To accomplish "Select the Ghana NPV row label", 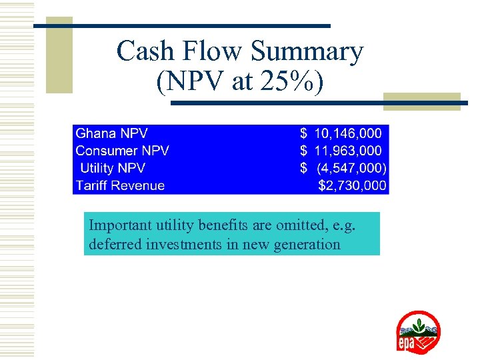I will (111, 133).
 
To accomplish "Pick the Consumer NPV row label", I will (122, 151).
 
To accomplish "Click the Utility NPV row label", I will (112, 168).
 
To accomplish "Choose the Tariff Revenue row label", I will (120, 185).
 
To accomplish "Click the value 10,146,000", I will (348, 133).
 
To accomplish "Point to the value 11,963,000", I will (348, 151).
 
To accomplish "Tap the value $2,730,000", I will (352, 185).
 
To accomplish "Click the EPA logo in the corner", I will (418, 332).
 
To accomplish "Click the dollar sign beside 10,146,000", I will (304, 133).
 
